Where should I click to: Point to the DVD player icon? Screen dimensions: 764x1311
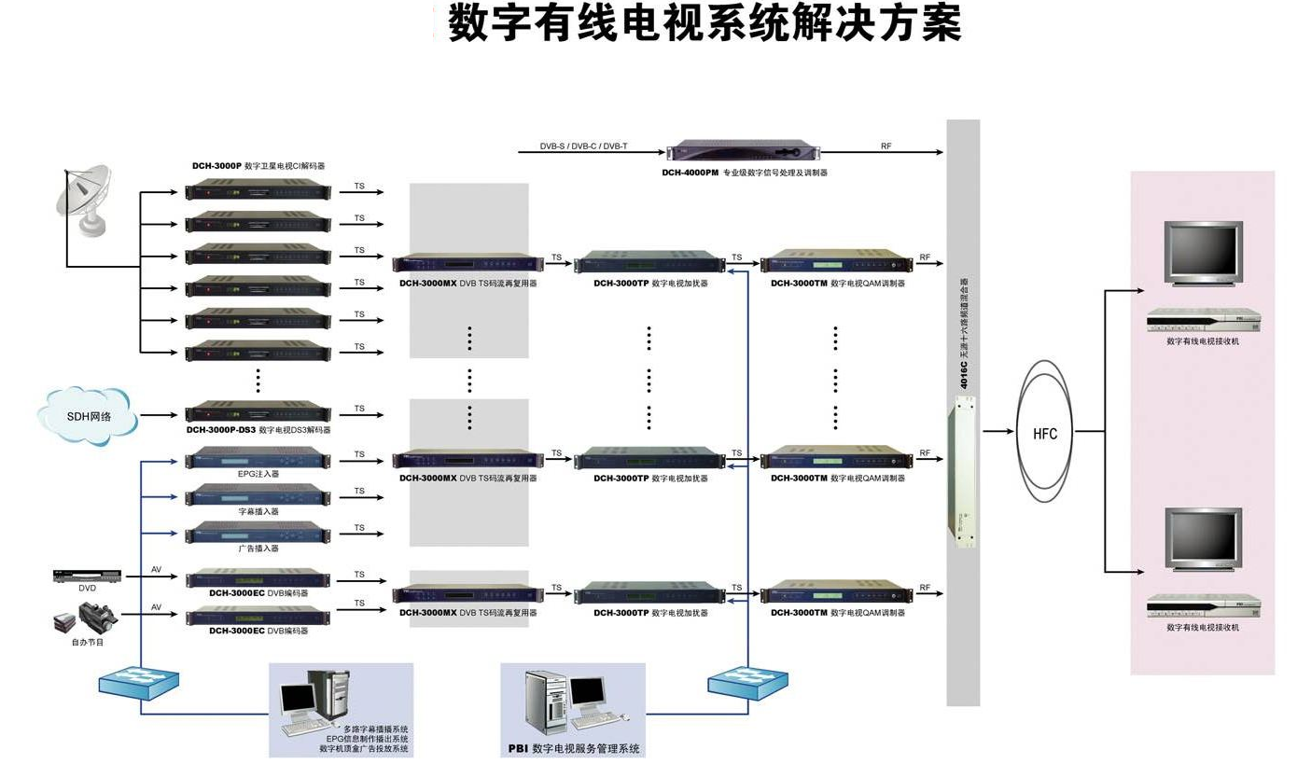click(87, 576)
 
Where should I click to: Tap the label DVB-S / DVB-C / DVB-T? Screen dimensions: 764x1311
click(583, 146)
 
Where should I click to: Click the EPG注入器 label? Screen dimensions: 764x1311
click(258, 474)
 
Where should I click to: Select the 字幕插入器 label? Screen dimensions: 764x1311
click(258, 511)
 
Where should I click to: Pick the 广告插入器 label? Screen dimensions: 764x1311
click(258, 549)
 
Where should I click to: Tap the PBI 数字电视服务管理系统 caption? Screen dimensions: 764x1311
click(574, 748)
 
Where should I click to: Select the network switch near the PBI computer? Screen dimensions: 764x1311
click(746, 682)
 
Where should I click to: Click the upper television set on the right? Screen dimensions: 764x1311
click(1204, 252)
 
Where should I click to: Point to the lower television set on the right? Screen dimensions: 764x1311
click(1204, 538)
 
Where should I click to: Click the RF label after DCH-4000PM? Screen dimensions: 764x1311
click(886, 146)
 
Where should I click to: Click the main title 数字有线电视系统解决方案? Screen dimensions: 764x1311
click(704, 22)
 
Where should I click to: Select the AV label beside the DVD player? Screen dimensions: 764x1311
click(157, 569)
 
